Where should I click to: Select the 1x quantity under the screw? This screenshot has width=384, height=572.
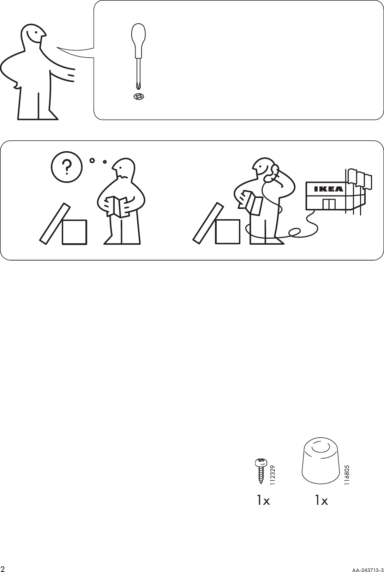[263, 501]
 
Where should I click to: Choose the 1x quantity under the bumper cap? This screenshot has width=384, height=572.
[322, 501]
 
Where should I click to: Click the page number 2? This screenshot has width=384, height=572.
[4, 568]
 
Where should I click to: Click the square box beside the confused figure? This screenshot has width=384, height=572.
[74, 232]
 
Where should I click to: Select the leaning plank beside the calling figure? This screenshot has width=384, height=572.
[208, 222]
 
